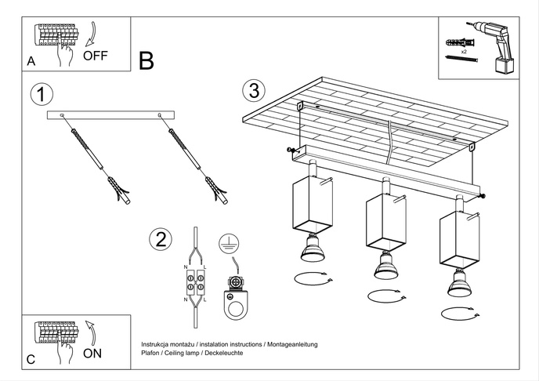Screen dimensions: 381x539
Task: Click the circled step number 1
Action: tap(41, 95)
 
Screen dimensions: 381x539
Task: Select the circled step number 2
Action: tap(161, 238)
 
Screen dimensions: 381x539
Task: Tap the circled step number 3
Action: tap(251, 90)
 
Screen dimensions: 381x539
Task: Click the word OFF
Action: tap(95, 56)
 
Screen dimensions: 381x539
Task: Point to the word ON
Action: tap(92, 353)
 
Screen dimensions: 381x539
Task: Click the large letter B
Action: tap(147, 60)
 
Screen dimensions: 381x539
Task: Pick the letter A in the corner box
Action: tap(31, 60)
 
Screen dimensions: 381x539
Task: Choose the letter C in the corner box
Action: tap(31, 359)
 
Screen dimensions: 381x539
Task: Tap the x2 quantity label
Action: tap(464, 51)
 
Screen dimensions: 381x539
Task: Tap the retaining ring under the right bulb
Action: tap(461, 313)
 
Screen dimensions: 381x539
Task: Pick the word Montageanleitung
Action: tap(291, 344)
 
